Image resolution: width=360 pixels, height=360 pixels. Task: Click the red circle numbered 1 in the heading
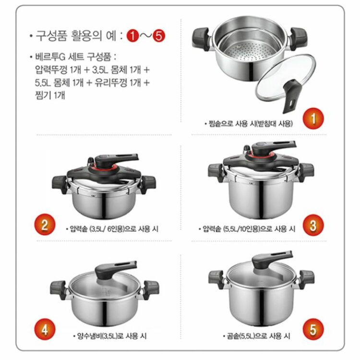point(133,36)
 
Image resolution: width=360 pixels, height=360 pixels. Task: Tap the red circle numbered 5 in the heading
point(159,36)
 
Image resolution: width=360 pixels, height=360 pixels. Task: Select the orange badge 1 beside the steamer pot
point(313,119)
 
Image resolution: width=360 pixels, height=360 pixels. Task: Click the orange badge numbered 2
point(45,224)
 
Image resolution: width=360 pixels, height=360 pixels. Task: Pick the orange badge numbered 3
point(313,225)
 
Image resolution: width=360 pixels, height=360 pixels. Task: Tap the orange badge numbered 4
point(45,329)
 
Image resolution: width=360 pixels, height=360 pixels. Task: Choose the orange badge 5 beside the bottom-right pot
point(313,329)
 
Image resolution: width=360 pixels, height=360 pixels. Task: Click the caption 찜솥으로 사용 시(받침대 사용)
point(249,124)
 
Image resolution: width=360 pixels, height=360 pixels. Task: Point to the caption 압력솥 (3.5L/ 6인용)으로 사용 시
point(112,229)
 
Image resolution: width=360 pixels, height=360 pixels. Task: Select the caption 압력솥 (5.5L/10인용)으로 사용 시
point(247,229)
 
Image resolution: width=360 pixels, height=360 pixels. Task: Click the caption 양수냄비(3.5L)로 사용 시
point(110,336)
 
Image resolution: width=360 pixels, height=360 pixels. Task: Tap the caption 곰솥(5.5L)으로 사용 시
point(257,336)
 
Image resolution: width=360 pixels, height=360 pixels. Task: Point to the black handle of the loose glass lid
point(291,96)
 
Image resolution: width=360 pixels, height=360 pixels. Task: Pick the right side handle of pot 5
point(306,279)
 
